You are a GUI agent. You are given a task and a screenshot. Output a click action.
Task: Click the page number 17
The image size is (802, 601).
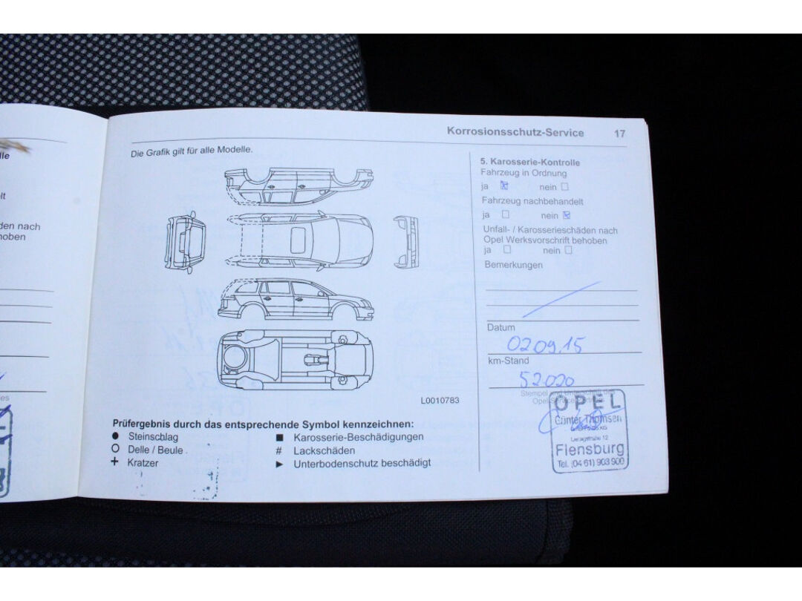(619, 134)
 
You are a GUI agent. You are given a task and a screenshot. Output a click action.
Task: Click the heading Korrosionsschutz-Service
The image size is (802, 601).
(515, 132)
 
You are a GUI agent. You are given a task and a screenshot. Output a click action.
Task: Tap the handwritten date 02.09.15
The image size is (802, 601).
(545, 344)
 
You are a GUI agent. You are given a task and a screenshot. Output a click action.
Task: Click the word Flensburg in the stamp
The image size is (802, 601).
(590, 449)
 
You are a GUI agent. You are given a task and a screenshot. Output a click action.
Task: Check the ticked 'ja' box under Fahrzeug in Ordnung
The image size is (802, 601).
(504, 186)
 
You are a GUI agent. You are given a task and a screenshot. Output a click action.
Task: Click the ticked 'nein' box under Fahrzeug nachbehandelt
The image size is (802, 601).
(567, 215)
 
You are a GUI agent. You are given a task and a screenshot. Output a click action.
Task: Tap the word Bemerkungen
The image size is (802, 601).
(513, 265)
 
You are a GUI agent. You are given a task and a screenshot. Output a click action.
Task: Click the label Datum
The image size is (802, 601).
(501, 327)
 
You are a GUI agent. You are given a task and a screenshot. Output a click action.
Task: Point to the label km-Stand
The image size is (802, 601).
(508, 361)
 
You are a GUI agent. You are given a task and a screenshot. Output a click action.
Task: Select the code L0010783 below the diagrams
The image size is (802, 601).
(440, 401)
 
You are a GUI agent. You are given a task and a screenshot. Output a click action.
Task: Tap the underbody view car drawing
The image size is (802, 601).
(294, 359)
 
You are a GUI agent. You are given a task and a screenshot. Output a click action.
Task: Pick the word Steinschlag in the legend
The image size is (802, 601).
(153, 437)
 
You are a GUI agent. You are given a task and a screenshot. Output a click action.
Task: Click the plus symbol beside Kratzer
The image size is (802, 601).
(114, 462)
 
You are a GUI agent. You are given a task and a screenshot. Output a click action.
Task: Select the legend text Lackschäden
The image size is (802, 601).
(324, 450)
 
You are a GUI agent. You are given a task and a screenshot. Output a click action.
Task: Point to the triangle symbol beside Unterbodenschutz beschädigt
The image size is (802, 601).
(279, 464)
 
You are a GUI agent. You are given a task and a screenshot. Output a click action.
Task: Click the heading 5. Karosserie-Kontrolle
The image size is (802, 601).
(529, 162)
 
